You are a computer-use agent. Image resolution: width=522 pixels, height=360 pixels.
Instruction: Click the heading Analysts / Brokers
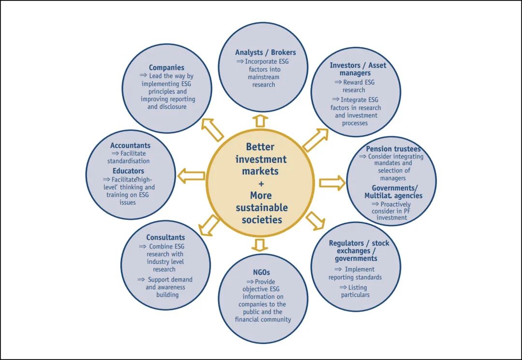265,52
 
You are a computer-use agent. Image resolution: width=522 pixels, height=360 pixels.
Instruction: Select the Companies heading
166,68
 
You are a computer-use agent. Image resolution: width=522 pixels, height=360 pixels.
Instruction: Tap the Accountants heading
130,145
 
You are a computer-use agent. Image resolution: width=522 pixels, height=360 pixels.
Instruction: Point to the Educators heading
128,171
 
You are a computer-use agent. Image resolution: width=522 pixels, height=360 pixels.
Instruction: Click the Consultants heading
165,237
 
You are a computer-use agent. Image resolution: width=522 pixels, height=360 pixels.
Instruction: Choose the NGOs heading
261,273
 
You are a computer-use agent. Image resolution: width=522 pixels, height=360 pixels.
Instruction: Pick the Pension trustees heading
393,149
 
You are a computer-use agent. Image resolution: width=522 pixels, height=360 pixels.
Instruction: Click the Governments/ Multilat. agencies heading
393,192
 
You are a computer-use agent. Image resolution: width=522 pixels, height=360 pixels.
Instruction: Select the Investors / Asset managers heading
358,69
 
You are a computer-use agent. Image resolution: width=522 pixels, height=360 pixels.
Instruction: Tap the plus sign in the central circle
261,184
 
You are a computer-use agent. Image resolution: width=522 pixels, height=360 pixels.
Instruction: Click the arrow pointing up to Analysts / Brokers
261,121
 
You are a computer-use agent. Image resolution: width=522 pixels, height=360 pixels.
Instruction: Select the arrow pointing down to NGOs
260,245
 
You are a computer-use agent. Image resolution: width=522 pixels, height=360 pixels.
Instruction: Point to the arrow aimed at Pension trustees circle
332,183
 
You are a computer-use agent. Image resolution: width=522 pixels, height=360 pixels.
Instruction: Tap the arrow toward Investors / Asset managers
315,140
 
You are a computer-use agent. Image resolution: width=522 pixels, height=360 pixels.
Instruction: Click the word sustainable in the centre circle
261,208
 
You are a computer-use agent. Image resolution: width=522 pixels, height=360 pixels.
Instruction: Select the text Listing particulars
355,290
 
